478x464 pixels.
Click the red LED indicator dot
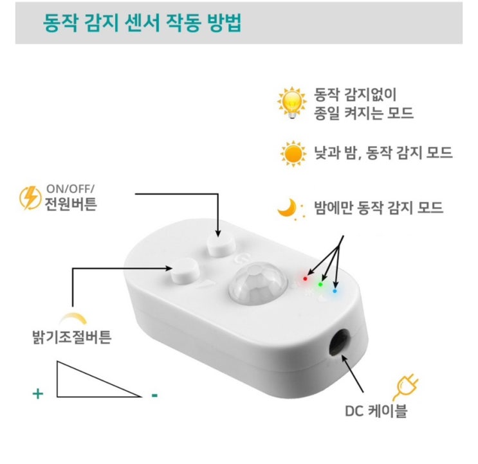coord(305,278)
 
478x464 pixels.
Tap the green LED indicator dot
coord(320,284)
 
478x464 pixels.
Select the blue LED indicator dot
coord(335,291)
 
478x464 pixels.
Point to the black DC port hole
coord(340,342)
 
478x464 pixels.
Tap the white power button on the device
coord(221,246)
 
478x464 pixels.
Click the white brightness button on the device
coord(185,270)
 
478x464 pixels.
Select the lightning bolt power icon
coord(30,198)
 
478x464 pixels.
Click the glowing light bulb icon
coord(292,103)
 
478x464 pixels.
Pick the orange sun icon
coord(293,154)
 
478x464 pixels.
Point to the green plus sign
coord(38,394)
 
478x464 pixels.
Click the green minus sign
coord(154,395)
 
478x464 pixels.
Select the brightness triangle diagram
coord(99,379)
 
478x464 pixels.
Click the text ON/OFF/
coord(70,189)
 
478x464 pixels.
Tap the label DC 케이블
coord(376,411)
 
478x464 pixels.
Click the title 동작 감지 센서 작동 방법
coord(142,23)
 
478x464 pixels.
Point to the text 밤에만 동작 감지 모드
coord(379,208)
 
